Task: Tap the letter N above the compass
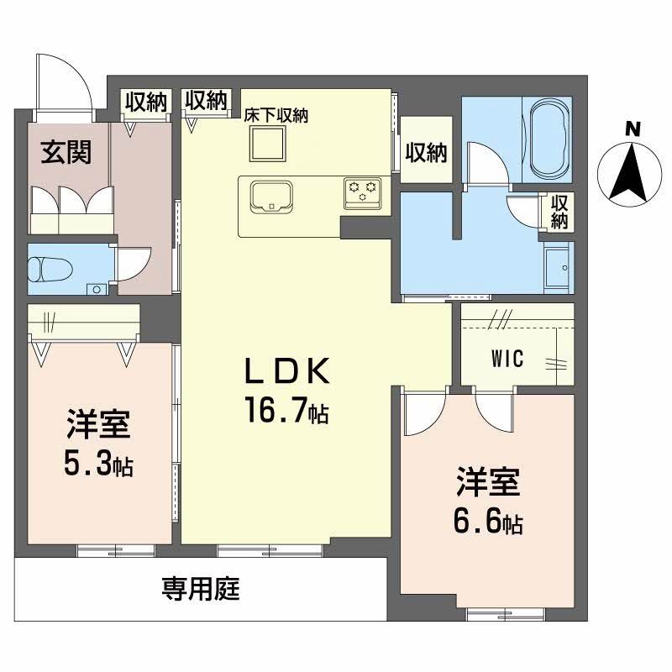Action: click(633, 129)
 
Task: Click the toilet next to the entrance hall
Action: click(42, 269)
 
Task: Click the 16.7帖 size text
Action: click(286, 410)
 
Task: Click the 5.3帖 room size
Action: click(99, 464)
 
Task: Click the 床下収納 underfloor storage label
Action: click(276, 116)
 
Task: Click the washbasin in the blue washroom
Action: click(557, 267)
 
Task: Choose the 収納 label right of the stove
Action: click(427, 152)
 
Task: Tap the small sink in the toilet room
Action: click(97, 289)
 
